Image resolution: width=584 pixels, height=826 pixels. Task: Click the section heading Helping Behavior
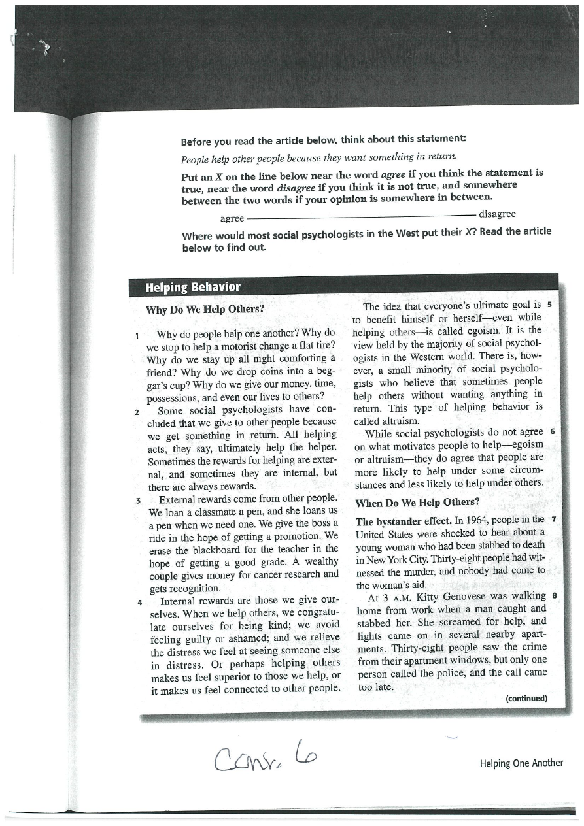tap(193, 287)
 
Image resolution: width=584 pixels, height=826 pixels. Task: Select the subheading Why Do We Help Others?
tap(205, 310)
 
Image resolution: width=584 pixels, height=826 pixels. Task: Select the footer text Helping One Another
tap(521, 763)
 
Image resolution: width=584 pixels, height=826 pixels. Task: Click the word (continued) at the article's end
tap(526, 698)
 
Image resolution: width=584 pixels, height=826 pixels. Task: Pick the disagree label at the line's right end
tap(497, 214)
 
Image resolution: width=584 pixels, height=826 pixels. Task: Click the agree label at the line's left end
tap(232, 218)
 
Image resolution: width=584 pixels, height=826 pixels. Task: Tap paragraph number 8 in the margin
tap(555, 596)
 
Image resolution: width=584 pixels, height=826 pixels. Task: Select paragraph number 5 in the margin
tap(550, 305)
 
